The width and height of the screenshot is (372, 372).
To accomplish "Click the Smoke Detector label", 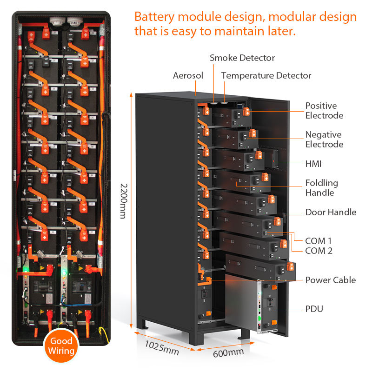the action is coord(242,58).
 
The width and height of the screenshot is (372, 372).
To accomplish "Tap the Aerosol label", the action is coord(188,75).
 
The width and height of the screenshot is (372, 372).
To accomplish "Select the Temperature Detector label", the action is coord(266,75).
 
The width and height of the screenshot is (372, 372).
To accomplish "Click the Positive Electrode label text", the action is coord(324,111).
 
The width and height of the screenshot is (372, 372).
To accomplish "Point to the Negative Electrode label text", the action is coord(324,139).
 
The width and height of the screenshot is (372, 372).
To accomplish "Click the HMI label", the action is coord(313,164).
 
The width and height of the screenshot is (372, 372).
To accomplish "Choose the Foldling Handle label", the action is coord(322,188).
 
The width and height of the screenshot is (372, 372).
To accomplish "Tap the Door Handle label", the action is coord(331,212).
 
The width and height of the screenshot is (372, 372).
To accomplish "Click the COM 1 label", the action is coord(319,241).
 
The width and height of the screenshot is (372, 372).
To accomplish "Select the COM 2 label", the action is coord(319,251).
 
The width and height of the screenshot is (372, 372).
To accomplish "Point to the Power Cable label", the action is coord(331,280).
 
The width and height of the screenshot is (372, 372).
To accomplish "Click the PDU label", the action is coord(314,309).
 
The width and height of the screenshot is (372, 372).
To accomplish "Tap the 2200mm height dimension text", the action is coord(123,201).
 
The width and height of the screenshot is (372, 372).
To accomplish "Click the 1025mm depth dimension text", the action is coord(162,347).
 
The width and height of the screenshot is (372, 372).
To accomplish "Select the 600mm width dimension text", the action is coord(228,353).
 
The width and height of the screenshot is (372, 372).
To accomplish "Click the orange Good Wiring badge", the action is coord(61,345).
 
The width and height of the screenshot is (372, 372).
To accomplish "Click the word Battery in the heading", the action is coord(154,17).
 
